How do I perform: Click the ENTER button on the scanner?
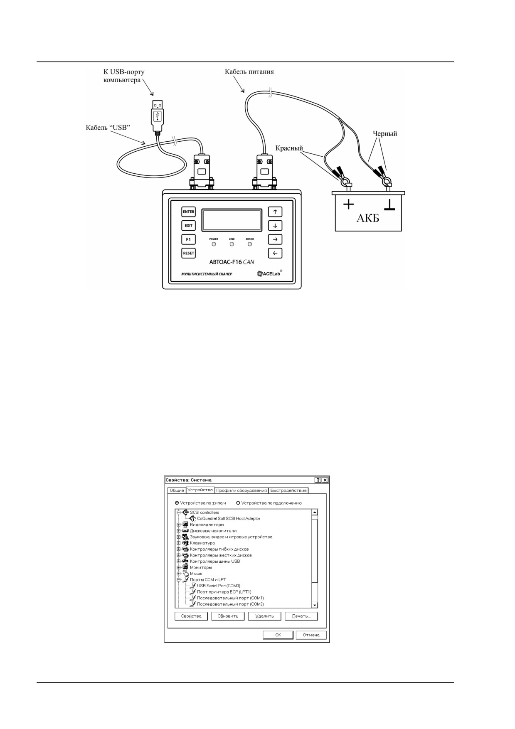point(188,212)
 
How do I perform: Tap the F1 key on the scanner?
point(188,239)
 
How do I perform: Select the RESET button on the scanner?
point(188,253)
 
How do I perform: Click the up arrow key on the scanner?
point(275,212)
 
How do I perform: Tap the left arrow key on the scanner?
point(275,253)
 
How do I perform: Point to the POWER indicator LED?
point(214,244)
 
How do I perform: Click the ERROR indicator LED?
point(250,244)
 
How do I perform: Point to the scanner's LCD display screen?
point(232,220)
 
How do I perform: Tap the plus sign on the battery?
point(348,204)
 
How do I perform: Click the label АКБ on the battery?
point(368,218)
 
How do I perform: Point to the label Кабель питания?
point(249,71)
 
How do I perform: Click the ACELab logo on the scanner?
point(269,273)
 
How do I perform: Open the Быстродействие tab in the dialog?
point(288,490)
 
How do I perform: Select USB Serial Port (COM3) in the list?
point(219,586)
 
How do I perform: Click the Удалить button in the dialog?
point(264,616)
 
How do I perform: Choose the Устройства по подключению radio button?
point(238,503)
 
